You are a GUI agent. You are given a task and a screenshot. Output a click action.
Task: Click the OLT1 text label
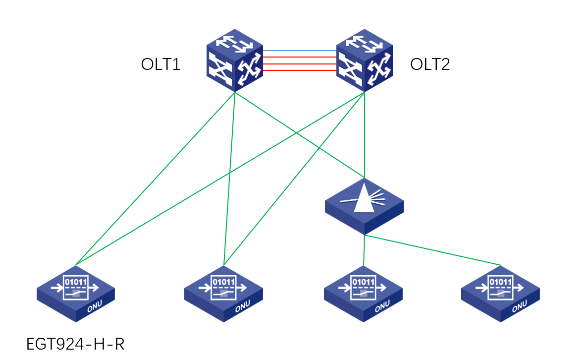(160, 64)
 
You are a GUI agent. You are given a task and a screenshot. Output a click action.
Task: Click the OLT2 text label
(430, 64)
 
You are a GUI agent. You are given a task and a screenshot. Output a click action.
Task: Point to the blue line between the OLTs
(299, 51)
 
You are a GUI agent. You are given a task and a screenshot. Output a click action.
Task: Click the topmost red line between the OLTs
(299, 58)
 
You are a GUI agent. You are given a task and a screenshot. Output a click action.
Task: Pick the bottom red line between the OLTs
(299, 71)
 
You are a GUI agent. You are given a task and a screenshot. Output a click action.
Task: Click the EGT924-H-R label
(75, 344)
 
